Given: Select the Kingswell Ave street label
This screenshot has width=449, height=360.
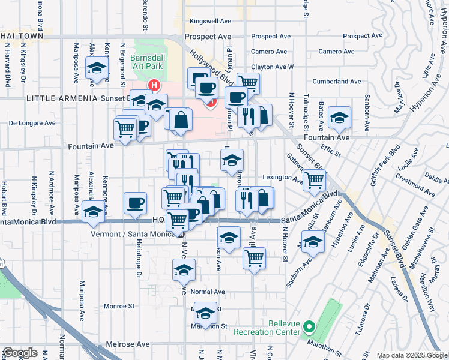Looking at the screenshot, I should click(210, 21).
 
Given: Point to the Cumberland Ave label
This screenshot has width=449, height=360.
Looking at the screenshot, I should click(336, 82).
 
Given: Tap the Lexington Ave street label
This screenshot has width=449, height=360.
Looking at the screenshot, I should click(283, 179).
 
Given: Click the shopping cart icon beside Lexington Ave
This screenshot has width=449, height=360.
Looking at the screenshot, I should click(314, 179).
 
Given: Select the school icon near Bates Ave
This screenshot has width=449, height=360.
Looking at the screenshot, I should click(340, 117).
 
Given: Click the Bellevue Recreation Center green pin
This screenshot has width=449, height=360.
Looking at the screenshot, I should click(309, 328).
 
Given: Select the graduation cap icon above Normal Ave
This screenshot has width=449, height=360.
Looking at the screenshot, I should click(184, 269).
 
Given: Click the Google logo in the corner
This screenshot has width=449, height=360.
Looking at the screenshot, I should click(19, 353).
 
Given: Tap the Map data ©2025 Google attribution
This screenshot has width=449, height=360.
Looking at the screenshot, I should click(411, 355).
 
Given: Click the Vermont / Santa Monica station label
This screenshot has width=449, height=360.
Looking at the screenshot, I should click(134, 233).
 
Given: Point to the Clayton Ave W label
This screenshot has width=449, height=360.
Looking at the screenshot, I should click(273, 67).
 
